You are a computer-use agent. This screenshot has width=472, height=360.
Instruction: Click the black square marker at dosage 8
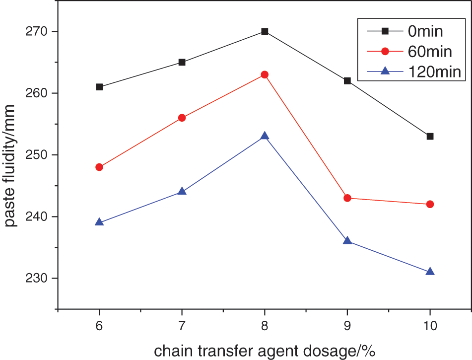point(265,31)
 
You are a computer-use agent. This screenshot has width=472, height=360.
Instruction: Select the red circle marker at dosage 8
point(265,74)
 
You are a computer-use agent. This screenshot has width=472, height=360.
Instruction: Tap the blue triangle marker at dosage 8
point(265,136)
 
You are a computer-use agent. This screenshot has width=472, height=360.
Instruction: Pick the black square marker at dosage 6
point(99,87)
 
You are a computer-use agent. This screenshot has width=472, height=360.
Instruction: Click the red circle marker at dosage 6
point(99,167)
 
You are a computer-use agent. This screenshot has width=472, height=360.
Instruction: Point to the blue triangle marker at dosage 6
point(99,222)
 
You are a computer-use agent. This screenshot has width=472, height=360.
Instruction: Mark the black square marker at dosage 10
point(430,136)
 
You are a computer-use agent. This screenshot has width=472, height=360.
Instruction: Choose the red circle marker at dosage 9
point(347,198)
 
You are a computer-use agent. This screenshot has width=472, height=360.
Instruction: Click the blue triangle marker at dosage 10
point(430,272)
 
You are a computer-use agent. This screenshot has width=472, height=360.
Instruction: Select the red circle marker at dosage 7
point(182,118)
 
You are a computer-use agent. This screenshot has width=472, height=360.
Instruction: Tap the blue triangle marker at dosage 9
point(347,241)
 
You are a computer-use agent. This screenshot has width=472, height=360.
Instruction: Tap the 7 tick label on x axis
point(182,326)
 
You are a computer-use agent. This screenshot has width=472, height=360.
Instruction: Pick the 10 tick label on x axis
point(430,326)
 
